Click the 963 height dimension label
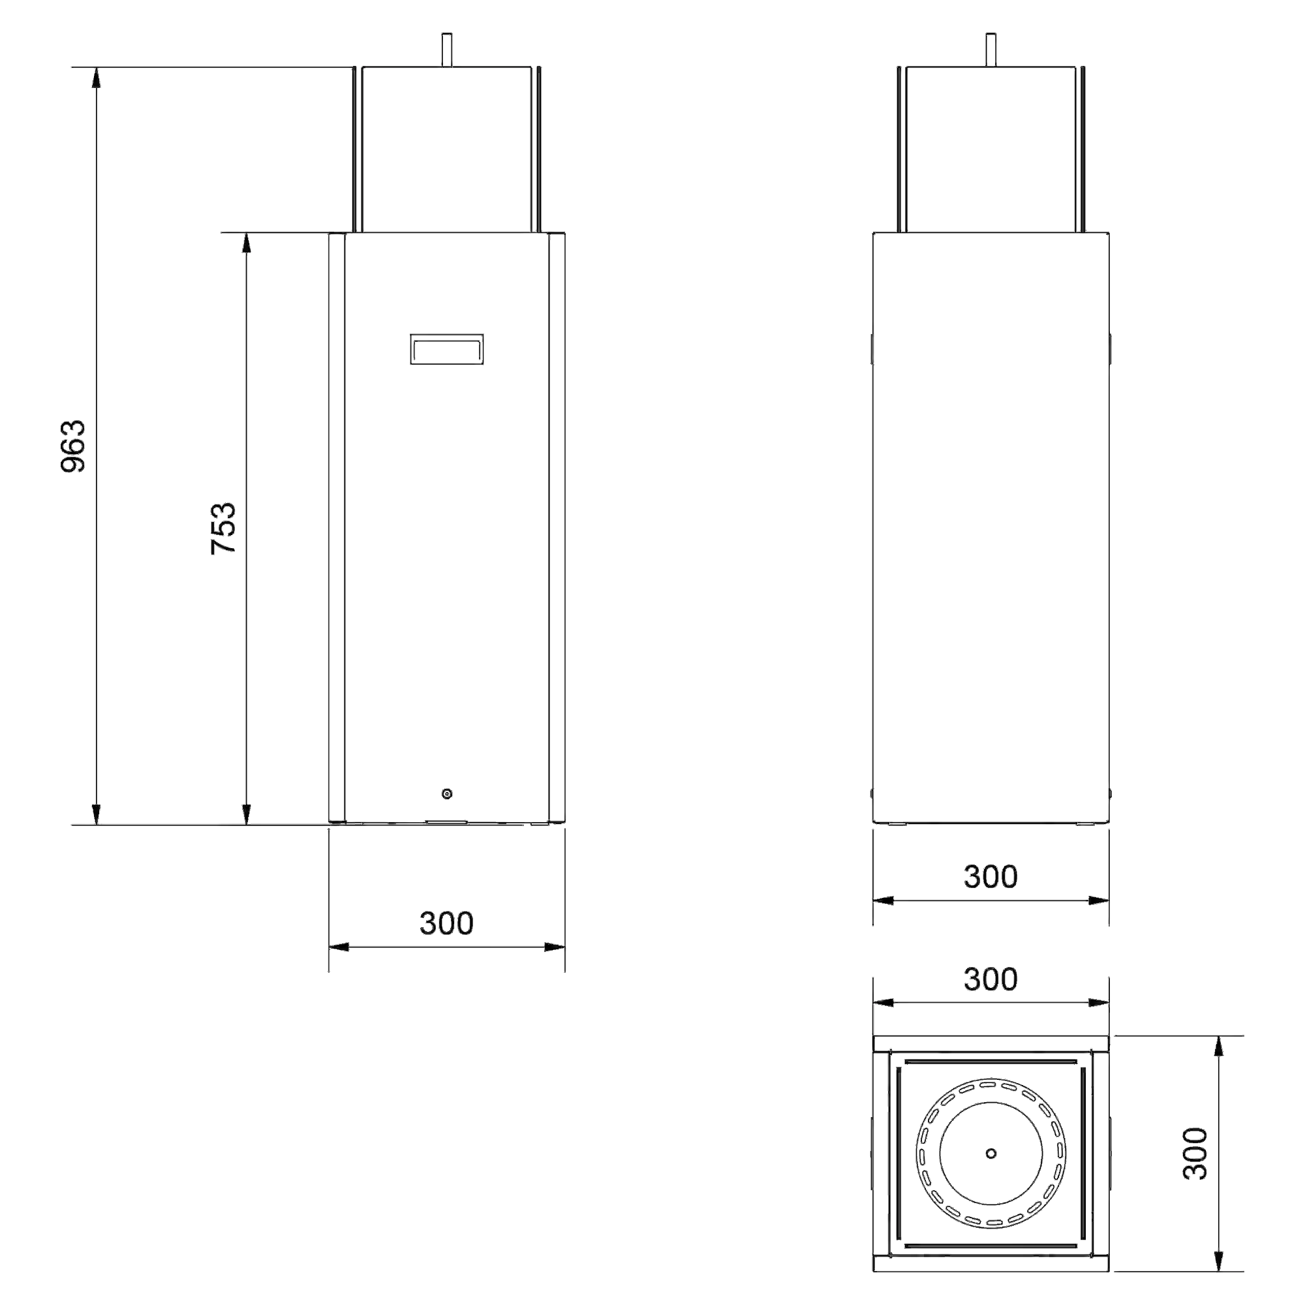pos(74,446)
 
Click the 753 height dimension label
pos(224,529)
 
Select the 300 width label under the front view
pos(446,923)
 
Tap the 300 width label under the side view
pos(990,877)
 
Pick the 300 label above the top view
pos(990,979)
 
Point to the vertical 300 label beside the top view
pos(1195,1153)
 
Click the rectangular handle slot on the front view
pos(446,349)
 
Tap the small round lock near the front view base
pos(446,793)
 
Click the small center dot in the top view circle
pos(991,1153)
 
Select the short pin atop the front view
pos(446,50)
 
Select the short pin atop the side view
pos(991,50)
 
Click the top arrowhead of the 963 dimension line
pos(97,78)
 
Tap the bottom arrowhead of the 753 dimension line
pos(247,814)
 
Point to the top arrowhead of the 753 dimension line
pos(247,243)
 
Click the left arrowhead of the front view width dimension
pos(339,947)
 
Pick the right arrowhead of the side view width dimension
pos(1098,900)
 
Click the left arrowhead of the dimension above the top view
pos(883,1003)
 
